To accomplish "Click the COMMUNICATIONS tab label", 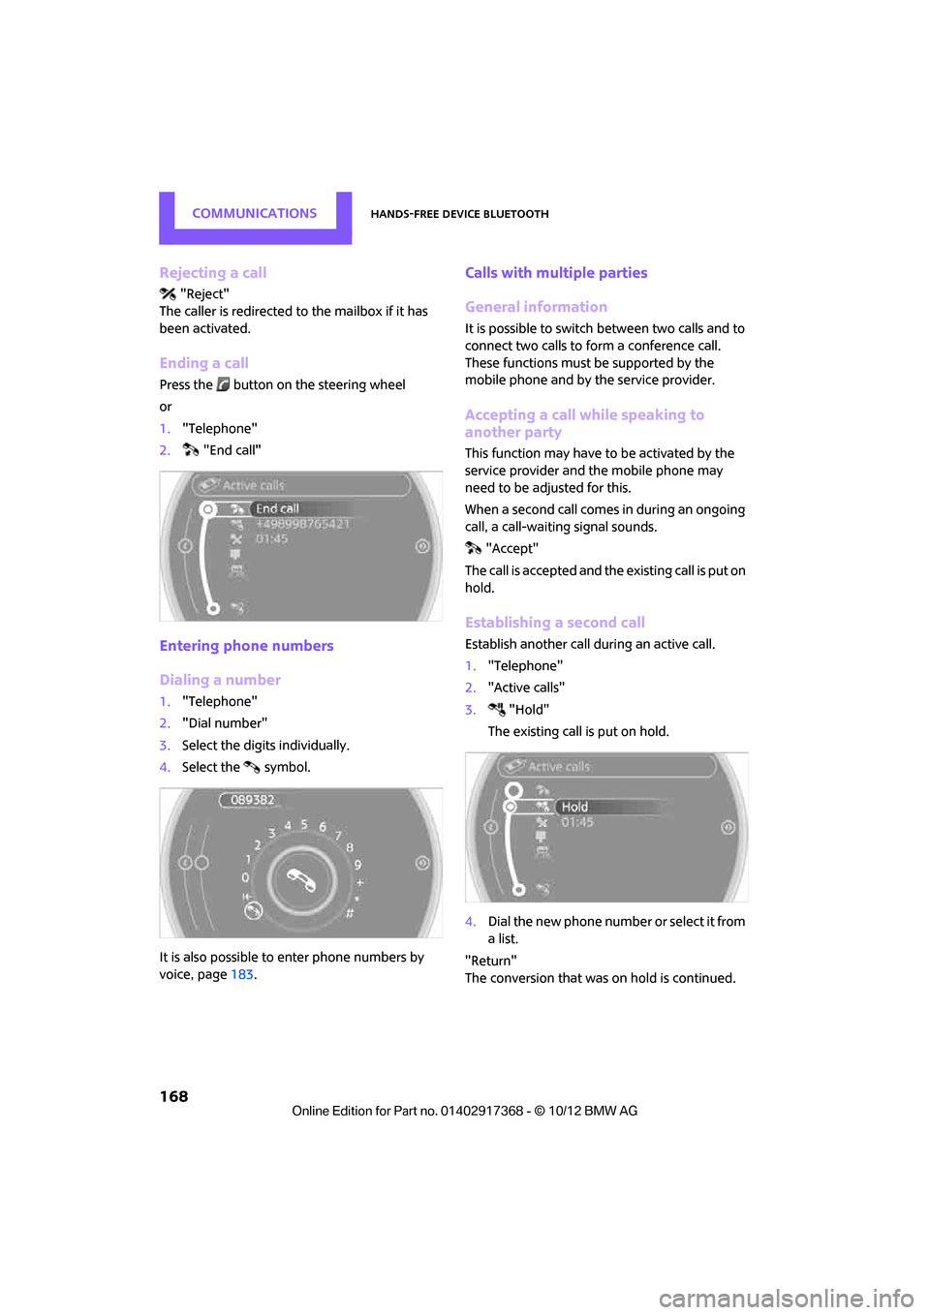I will (254, 213).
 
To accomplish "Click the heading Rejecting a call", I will (213, 273).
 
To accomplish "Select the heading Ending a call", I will (203, 363).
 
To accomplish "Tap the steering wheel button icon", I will (223, 384).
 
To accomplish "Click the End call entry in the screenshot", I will (277, 508).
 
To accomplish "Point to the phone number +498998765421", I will (302, 524).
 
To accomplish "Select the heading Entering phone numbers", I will (246, 646).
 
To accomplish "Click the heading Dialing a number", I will (220, 680).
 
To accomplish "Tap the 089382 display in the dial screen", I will (253, 800).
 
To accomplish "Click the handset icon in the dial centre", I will (301, 880).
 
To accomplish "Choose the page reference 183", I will (241, 975).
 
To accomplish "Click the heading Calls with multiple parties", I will (556, 273).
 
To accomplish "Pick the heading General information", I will (536, 307).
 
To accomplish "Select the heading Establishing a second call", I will (554, 623).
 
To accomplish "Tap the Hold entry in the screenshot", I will (574, 807).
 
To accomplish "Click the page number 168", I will (173, 1096).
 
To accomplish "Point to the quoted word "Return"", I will (490, 961).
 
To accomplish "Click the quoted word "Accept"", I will (511, 549).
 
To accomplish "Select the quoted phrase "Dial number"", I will (225, 723).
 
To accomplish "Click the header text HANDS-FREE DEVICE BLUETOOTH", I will (459, 214).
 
